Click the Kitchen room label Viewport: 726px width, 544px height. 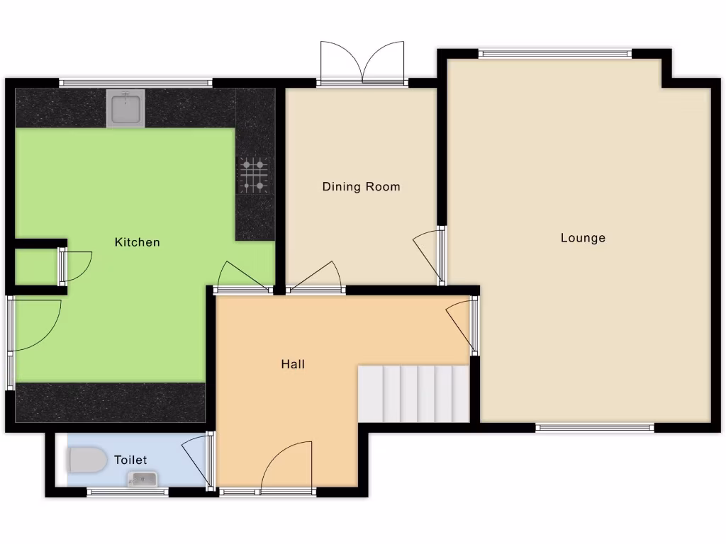point(138,242)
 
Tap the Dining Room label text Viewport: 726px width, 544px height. point(361,187)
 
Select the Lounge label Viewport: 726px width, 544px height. point(583,238)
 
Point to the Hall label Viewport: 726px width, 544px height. point(293,364)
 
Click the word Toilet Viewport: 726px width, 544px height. point(130,460)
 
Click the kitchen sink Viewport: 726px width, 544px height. point(125,108)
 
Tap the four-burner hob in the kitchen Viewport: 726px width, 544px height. point(255,174)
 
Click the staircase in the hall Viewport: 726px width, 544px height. point(413,393)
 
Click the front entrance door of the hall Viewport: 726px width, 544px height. point(286,467)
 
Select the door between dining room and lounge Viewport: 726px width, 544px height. point(430,255)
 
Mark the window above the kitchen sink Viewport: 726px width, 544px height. point(135,83)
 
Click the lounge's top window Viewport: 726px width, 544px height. point(554,53)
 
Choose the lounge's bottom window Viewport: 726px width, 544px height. point(594,427)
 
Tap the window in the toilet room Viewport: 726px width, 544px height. point(128,492)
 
